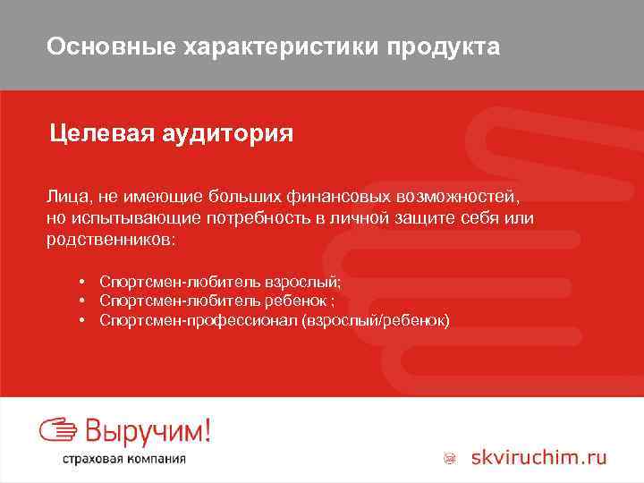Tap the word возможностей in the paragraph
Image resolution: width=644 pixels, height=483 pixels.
[453, 194]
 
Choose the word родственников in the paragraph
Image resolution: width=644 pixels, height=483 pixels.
[110, 241]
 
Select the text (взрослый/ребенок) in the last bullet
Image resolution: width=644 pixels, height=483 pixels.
[376, 319]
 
